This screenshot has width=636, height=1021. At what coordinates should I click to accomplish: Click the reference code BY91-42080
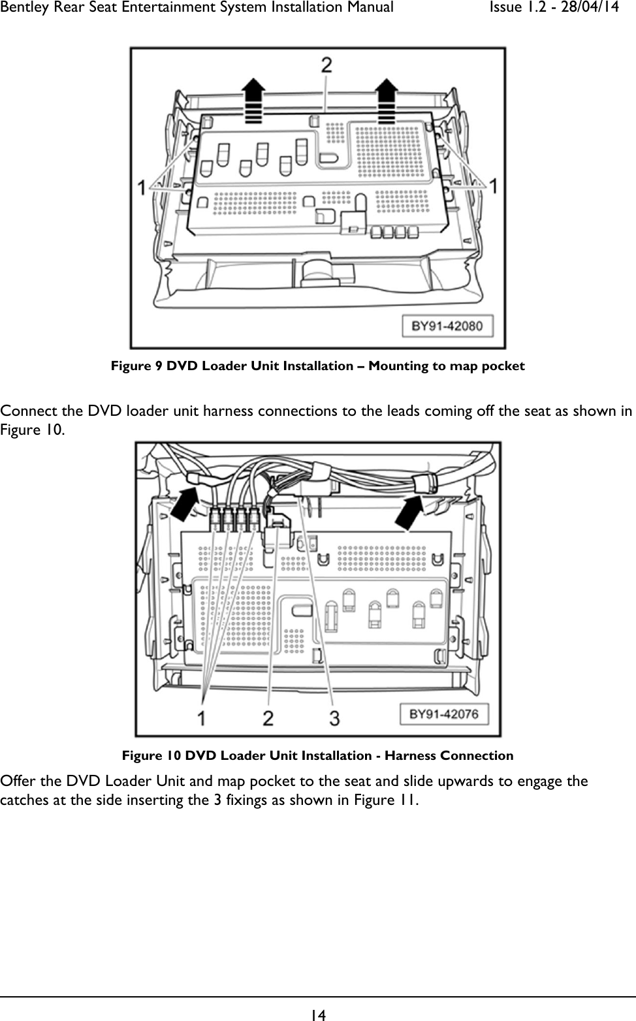pos(447,326)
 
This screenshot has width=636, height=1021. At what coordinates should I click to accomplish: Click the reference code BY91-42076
pos(443,714)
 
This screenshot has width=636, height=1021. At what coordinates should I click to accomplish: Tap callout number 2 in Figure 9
pos(326,65)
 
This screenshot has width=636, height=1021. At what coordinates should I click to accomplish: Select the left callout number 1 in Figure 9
pos(142,188)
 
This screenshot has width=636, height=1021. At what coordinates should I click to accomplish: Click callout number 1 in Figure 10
pos(202,718)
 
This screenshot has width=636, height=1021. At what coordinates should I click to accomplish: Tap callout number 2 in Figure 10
pos(268,718)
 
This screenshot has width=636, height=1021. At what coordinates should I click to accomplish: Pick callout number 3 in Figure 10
pos(334,718)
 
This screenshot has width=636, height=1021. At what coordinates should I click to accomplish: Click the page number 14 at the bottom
pos(318,1014)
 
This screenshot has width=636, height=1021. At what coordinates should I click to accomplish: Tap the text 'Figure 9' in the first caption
pos(136,366)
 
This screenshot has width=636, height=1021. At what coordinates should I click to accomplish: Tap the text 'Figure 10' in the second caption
pos(151,755)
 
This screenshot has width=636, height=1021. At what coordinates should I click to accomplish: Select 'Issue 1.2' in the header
pos(513,8)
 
